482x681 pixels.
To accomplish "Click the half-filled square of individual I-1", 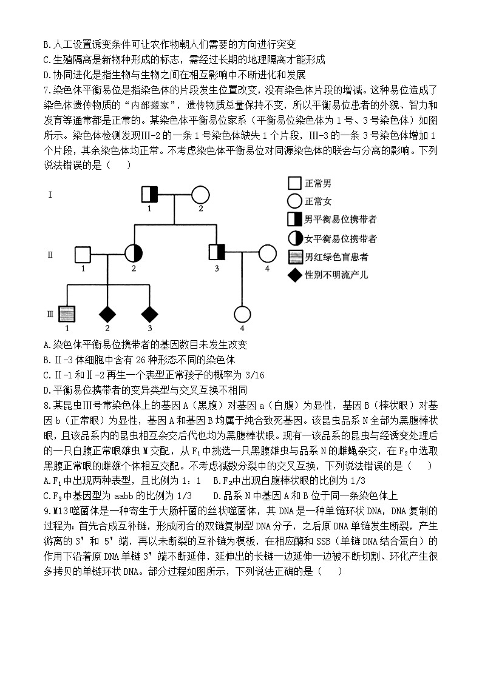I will tap(149, 194).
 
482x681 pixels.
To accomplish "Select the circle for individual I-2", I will tap(200, 194).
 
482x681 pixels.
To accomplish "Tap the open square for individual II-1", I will tap(82, 253).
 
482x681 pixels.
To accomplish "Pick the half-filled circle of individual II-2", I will tap(133, 253).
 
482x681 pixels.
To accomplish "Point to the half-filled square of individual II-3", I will tap(217, 253).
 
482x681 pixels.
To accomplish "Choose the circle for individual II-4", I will tap(266, 253).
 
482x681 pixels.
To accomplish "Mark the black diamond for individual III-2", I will tap(107, 314).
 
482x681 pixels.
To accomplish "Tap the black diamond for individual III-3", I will tap(149, 314).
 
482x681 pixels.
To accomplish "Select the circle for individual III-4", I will tap(242, 314).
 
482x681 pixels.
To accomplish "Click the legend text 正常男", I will tap(318, 183).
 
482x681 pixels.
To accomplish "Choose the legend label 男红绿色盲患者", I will tap(336, 257).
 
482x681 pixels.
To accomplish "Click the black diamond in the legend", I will tap(294, 275).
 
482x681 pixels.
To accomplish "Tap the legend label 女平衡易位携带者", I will tap(340, 238).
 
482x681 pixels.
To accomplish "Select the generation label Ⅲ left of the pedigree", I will tap(50, 314).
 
